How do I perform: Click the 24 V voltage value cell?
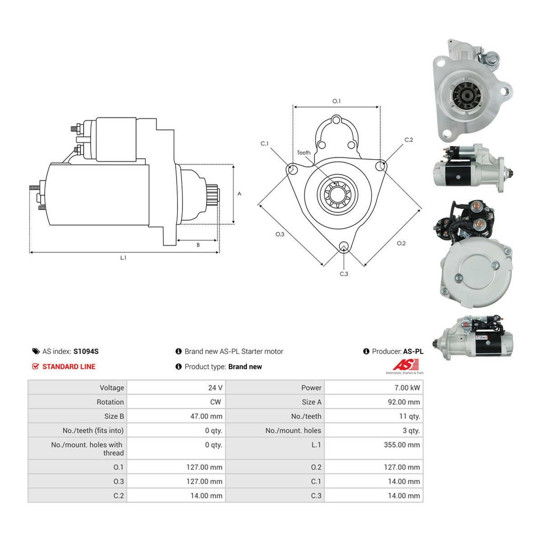click(215, 388)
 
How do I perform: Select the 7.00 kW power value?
click(407, 388)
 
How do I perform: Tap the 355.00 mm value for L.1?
click(402, 445)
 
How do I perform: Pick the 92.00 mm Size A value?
click(404, 402)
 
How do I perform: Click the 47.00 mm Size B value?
click(206, 416)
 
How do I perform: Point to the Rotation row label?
click(110, 402)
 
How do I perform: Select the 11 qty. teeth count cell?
click(410, 416)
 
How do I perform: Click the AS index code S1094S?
click(86, 351)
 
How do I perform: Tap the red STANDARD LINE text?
click(69, 366)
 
